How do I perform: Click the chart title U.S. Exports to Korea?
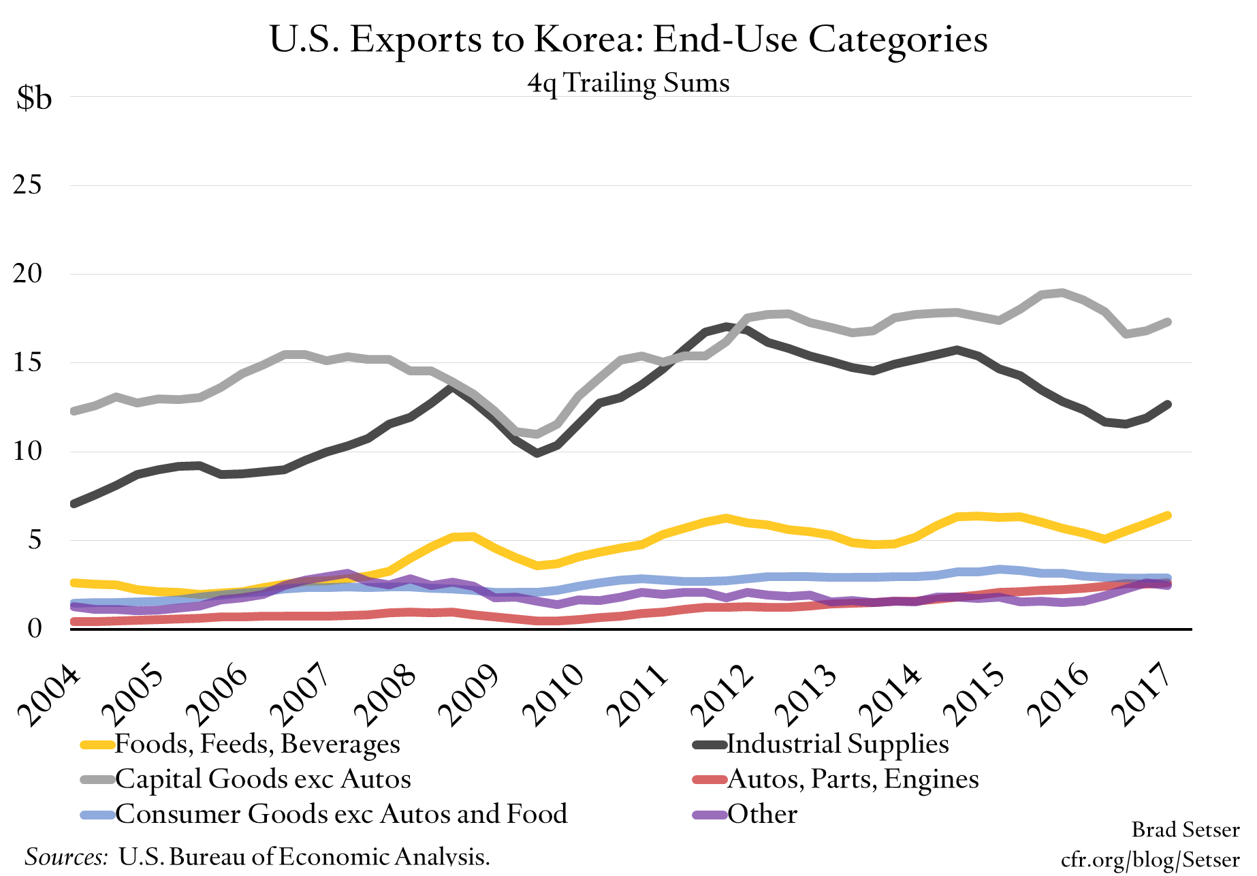click(x=628, y=40)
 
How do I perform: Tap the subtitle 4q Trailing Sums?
click(x=628, y=84)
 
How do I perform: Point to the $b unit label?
click(x=34, y=99)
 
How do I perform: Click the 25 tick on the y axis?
click(x=27, y=185)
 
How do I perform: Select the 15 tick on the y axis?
click(x=27, y=362)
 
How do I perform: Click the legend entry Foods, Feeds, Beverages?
click(x=257, y=744)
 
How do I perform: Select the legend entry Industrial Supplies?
click(x=838, y=744)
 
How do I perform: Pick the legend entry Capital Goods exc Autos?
click(x=263, y=779)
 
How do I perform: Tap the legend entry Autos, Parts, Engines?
click(x=853, y=779)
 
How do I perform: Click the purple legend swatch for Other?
click(x=709, y=815)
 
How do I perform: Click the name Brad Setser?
click(x=1185, y=830)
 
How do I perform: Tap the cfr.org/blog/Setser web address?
click(x=1150, y=859)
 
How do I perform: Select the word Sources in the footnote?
click(x=66, y=856)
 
